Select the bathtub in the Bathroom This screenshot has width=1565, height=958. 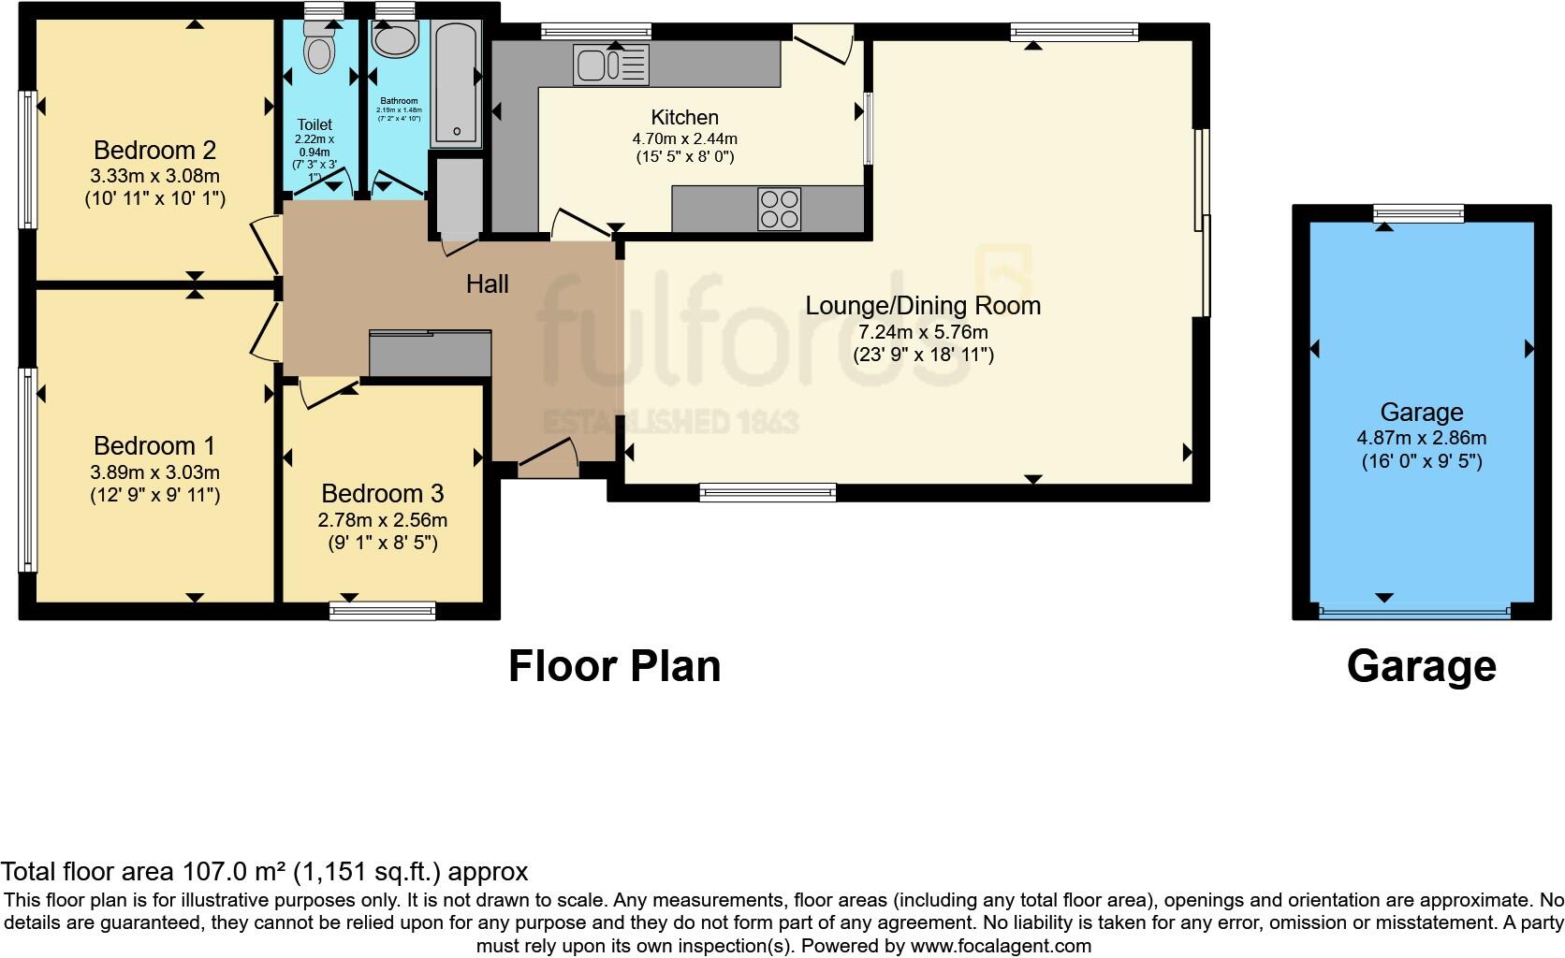point(456,84)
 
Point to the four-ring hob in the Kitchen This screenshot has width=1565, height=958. point(779,209)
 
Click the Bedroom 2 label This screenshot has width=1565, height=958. point(155,150)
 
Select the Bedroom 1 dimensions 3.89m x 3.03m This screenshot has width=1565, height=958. point(155,472)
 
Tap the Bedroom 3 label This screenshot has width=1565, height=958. point(382,494)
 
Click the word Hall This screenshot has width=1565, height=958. point(487,284)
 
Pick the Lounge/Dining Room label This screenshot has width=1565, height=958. point(923,306)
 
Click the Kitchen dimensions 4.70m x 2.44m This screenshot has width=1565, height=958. point(684,138)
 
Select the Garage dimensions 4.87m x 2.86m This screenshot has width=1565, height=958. point(1421,438)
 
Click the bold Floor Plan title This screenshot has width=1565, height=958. point(614,666)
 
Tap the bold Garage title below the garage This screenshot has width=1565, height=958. point(1421,666)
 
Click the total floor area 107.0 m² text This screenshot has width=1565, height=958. point(264,872)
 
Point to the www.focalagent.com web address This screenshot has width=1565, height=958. point(1000,946)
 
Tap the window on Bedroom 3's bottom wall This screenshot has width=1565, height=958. point(382,611)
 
